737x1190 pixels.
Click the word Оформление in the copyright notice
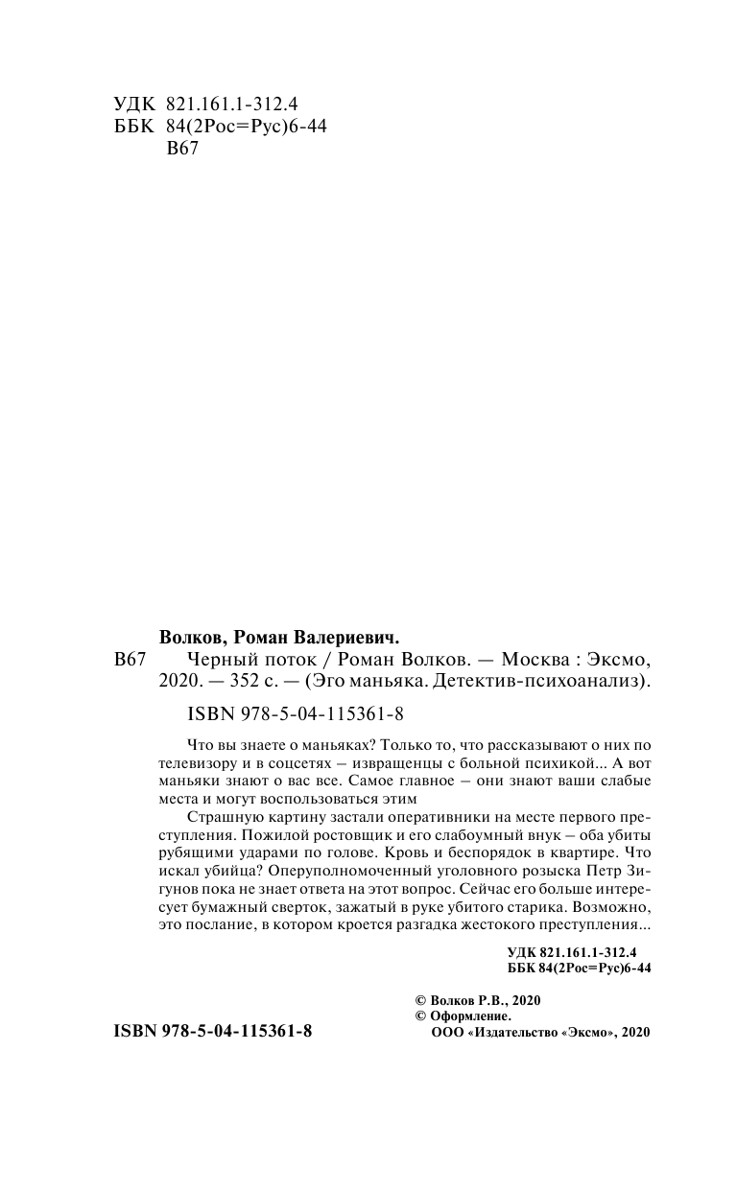[x=469, y=1015]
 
